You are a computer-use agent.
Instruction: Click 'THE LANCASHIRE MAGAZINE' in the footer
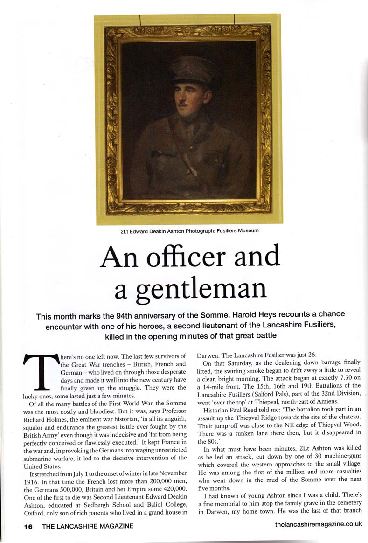point(88,526)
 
